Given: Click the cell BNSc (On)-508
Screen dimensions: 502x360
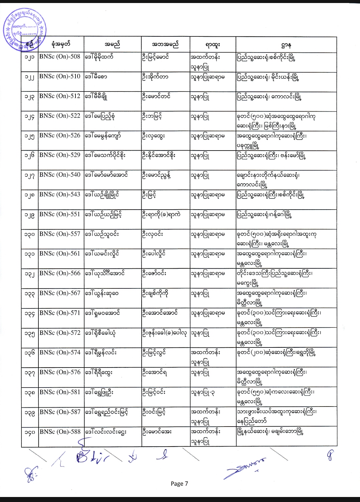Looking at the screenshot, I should [60, 57].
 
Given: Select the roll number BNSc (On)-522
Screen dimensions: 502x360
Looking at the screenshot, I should [60, 116].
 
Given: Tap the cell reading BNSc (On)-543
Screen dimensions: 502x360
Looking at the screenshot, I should [60, 195].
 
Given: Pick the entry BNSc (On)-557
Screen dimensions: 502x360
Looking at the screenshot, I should [60, 234].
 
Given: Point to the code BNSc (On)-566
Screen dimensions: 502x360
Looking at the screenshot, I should [60, 273].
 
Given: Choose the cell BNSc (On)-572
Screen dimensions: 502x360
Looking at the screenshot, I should [60, 333].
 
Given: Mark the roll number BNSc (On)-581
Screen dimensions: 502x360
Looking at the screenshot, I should [60, 392].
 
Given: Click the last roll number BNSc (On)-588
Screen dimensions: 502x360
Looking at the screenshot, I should [60, 432].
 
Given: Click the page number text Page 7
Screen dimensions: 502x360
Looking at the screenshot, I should [179, 484].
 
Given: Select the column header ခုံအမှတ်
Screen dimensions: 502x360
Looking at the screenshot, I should [61, 44].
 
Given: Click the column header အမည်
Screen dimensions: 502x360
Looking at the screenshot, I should [112, 44].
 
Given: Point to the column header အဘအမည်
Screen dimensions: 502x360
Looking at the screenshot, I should [165, 44].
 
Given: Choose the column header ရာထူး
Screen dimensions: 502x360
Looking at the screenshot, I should [213, 44].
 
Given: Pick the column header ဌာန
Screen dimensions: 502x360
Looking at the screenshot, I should [286, 44].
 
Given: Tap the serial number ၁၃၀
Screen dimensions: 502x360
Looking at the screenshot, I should [30, 235].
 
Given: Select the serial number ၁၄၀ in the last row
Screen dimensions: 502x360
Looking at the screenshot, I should [30, 432].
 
